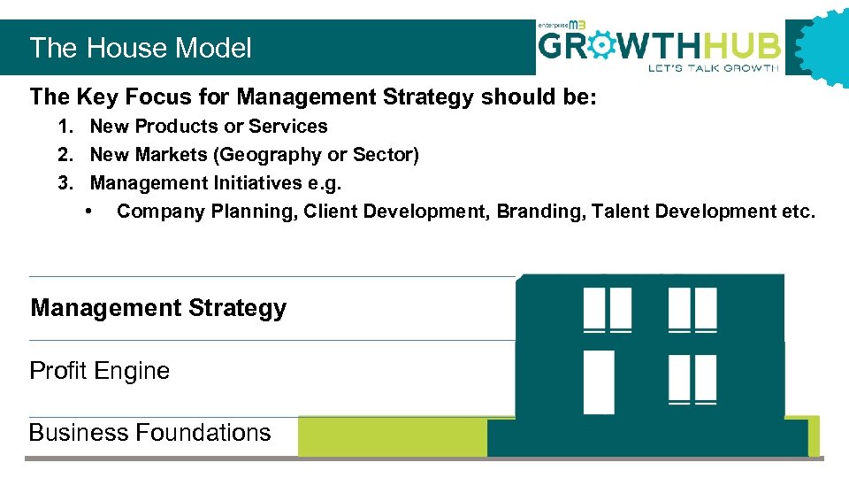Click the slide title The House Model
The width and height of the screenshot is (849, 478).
coord(141,48)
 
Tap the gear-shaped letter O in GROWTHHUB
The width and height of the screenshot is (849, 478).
coord(600,45)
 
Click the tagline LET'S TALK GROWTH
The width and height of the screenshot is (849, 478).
coord(713,68)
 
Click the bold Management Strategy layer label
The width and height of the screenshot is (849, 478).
coord(158,308)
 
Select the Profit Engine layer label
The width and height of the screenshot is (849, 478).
coord(99,370)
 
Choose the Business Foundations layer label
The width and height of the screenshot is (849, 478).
coord(149,432)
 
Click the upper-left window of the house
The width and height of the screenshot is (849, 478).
coord(608,309)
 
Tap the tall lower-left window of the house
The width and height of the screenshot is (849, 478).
coord(599,382)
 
